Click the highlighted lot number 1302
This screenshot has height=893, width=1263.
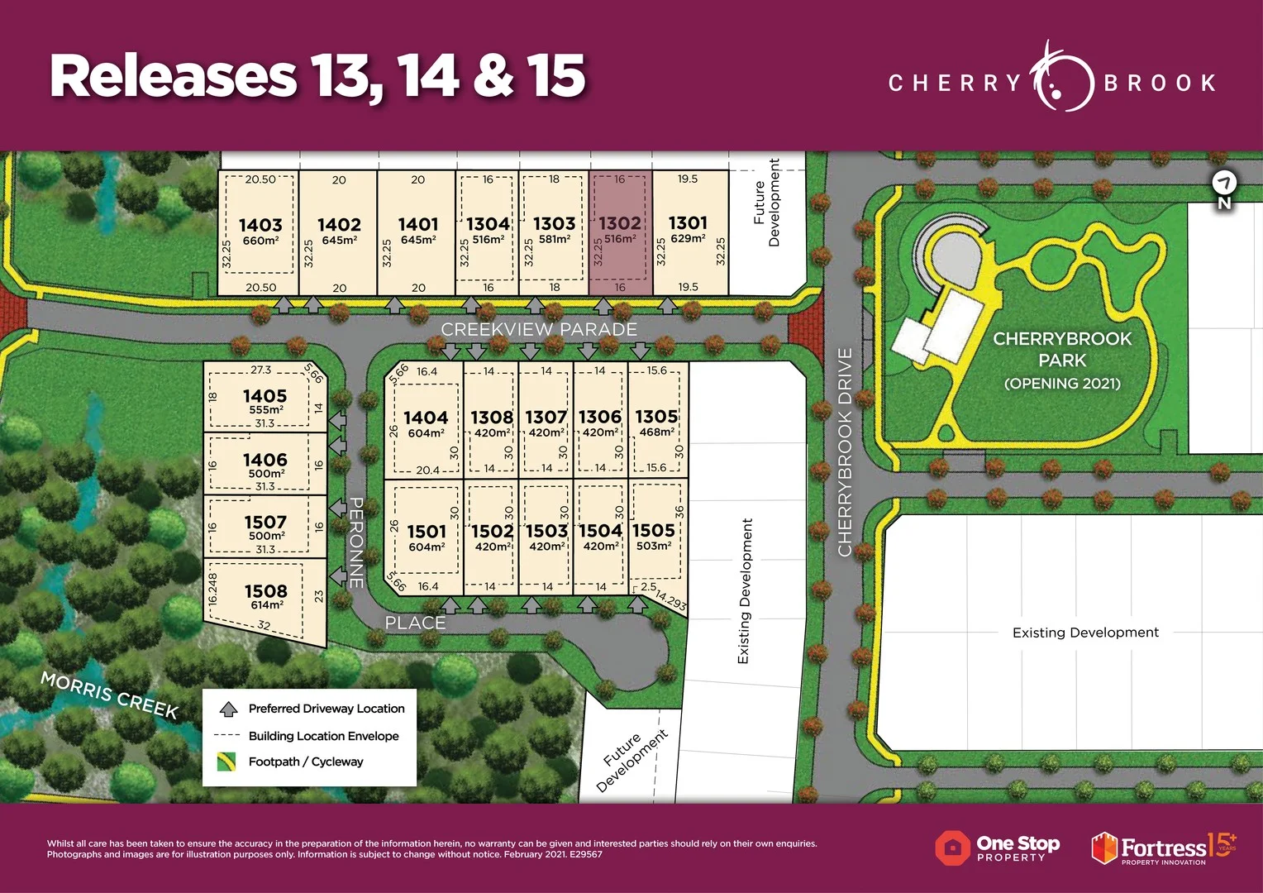[x=620, y=223]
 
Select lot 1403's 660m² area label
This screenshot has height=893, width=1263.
[x=260, y=241]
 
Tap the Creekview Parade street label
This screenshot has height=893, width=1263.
[x=539, y=329]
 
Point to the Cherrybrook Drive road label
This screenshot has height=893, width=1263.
[x=845, y=451]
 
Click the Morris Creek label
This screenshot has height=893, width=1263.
[x=110, y=695]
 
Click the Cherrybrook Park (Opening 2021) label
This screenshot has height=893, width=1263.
[x=1062, y=361]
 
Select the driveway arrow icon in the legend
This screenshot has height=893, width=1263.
[x=228, y=709]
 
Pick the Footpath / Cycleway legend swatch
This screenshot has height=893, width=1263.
[x=226, y=762]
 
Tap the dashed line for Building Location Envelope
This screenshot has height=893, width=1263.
[x=226, y=736]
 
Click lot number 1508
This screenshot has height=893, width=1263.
[x=265, y=591]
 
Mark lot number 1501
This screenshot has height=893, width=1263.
[x=427, y=532]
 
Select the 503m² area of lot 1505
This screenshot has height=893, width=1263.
[x=654, y=546]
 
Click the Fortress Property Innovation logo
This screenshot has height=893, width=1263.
[x=1162, y=848]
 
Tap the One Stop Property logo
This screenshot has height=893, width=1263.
[x=998, y=848]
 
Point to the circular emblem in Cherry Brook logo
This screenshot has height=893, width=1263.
[x=1061, y=81]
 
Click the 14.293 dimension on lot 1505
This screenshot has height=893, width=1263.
[x=670, y=600]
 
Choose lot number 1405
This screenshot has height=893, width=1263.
[x=265, y=396]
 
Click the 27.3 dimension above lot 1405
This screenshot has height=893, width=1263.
[x=260, y=370]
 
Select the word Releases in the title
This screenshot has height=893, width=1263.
[x=174, y=76]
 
